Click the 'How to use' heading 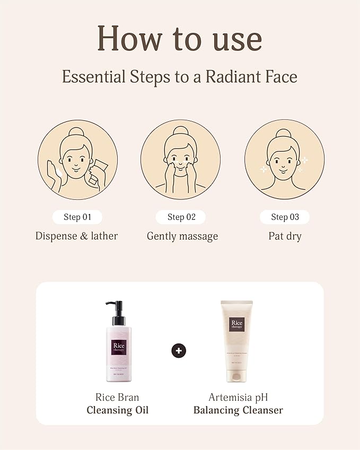pyautogui.click(x=180, y=38)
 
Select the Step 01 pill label pyautogui.click(x=77, y=217)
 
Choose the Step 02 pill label pyautogui.click(x=181, y=217)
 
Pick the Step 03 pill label pyautogui.click(x=285, y=217)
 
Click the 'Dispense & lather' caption pyautogui.click(x=76, y=236)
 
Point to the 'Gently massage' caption pyautogui.click(x=182, y=236)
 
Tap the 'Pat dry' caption pyautogui.click(x=285, y=236)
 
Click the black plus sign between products pyautogui.click(x=179, y=350)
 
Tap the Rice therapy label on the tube pyautogui.click(x=236, y=324)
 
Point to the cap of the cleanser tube pyautogui.click(x=237, y=376)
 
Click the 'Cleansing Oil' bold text pyautogui.click(x=118, y=410)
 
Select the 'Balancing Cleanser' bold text pyautogui.click(x=238, y=410)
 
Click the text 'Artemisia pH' pyautogui.click(x=238, y=397)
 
